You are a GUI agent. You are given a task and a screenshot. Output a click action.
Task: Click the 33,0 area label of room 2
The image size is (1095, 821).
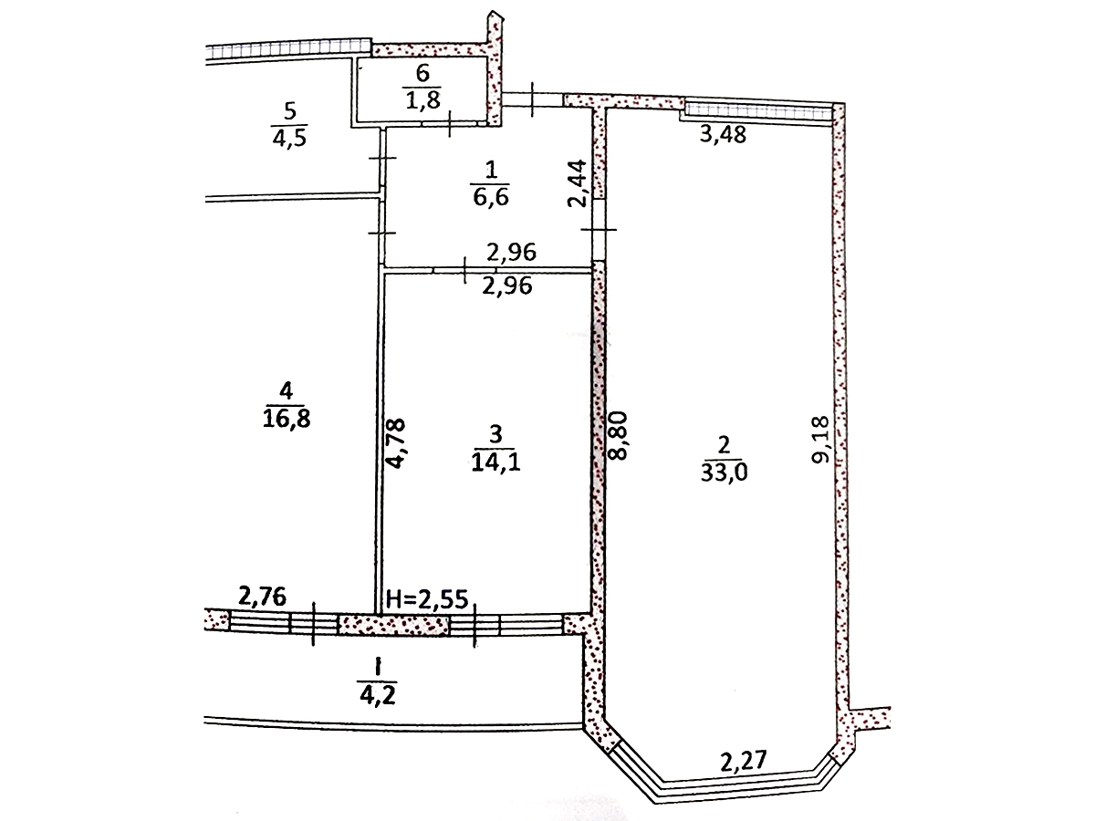coord(724,472)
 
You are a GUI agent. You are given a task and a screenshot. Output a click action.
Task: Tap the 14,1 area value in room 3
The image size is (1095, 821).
coord(495,462)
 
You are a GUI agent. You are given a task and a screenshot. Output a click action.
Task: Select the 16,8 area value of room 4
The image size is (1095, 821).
coord(287,419)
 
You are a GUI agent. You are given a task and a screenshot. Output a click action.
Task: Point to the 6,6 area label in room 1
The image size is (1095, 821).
coord(491,197)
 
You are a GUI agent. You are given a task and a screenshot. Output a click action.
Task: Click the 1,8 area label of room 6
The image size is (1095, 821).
coord(422,99)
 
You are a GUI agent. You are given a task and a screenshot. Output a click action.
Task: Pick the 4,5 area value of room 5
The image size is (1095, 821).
coord(289,137)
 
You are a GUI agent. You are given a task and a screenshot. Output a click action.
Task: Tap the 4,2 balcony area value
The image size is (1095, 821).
coord(378,695)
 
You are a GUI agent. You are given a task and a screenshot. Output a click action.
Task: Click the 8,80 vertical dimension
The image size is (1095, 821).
coord(619,435)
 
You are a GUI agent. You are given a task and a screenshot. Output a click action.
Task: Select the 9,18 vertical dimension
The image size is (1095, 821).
coord(820,440)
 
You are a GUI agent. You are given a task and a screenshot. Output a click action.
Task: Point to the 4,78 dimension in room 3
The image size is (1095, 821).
coord(397,443)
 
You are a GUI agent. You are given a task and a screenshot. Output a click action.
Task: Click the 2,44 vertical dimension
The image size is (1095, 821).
coord(577,183)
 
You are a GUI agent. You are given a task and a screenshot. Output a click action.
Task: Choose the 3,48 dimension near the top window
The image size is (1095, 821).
coord(723,133)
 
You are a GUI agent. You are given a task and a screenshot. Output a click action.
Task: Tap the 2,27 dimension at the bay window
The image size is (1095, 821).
coord(744,761)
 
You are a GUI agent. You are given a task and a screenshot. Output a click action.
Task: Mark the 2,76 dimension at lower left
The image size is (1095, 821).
coord(263,597)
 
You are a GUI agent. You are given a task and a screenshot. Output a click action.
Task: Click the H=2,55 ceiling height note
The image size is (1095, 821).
coord(428,599)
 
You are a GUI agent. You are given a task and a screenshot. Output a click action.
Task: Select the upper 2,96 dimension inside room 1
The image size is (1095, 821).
coord(512,253)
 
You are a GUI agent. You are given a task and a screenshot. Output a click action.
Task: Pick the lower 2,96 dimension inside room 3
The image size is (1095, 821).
coord(507,286)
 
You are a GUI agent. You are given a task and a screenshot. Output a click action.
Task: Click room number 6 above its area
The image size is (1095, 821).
coord(422,73)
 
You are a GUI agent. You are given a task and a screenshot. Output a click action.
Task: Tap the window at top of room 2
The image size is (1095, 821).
coord(757,111)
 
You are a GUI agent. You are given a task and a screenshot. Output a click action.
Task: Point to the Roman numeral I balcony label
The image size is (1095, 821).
coord(378,667)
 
